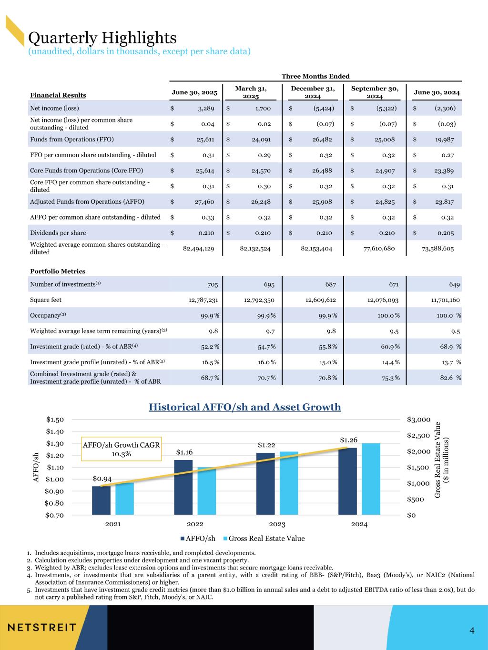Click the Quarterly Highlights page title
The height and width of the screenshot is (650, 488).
coord(102,37)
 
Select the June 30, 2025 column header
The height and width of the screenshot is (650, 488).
coord(194,92)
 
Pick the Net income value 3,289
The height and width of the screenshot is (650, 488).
coord(206,108)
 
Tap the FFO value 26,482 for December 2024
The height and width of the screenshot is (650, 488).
coord(319,140)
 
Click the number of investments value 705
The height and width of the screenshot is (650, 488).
coord(213,285)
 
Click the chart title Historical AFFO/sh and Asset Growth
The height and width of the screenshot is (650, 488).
coord(244,407)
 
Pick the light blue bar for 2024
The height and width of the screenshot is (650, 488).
coord(371,479)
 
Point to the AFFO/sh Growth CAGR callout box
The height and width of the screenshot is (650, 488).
coord(121,449)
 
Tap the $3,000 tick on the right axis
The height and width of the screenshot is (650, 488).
coord(419,420)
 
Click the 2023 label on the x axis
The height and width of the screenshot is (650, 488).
coord(277,524)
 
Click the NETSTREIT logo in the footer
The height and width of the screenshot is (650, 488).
coord(41,627)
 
